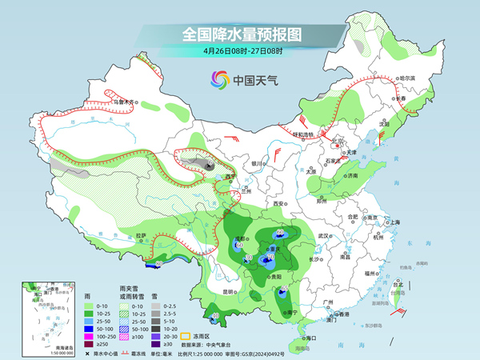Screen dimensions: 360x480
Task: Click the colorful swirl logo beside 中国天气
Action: tap(218, 79)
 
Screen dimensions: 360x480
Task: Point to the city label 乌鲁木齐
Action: tap(126, 102)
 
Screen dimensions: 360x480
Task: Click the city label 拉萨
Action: tap(142, 235)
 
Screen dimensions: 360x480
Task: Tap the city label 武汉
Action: tap(324, 236)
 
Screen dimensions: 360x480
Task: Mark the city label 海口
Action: tap(310, 338)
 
